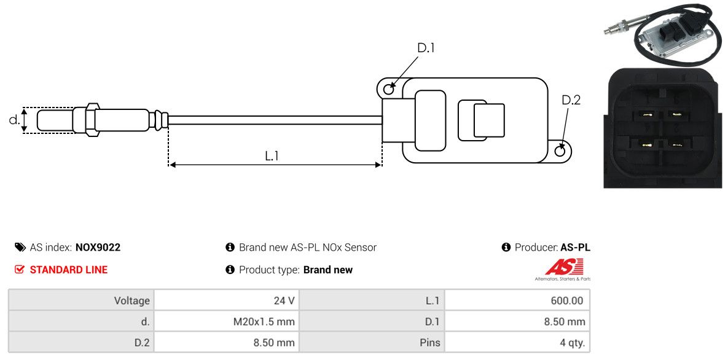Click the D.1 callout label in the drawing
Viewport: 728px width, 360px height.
click(x=426, y=48)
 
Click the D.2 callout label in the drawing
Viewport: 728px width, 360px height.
click(x=571, y=100)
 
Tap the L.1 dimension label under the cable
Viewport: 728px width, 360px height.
click(x=272, y=156)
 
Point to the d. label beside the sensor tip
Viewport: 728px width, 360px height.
click(x=14, y=120)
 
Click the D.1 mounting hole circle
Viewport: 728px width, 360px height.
click(x=388, y=90)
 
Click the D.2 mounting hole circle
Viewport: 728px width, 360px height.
click(x=560, y=151)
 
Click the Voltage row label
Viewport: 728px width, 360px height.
click(x=131, y=301)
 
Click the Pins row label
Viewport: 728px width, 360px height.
click(x=429, y=342)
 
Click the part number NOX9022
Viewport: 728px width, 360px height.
click(x=98, y=248)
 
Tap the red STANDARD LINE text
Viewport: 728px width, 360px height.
click(x=68, y=270)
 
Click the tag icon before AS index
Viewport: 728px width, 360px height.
click(x=20, y=248)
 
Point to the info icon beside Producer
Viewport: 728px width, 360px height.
click(x=506, y=248)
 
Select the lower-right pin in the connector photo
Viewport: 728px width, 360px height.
click(x=676, y=145)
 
